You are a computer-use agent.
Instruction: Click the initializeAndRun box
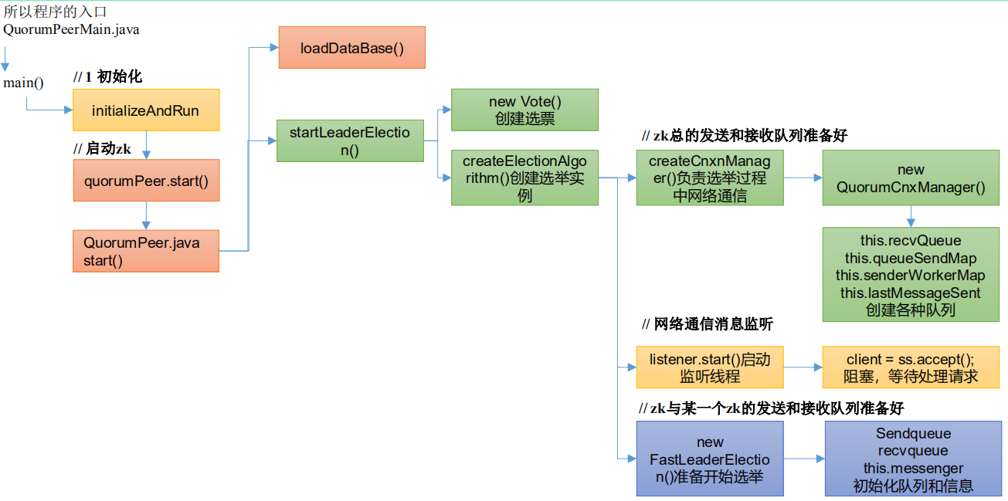click(x=146, y=110)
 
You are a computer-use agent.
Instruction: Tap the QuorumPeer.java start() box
click(x=146, y=251)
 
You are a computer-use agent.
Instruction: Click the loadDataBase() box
click(x=351, y=48)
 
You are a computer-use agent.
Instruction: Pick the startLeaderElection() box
click(x=350, y=140)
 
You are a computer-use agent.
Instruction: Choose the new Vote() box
click(x=524, y=110)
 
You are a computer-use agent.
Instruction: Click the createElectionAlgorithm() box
click(x=524, y=178)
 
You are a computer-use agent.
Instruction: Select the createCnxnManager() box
click(x=709, y=178)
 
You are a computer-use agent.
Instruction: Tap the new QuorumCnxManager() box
click(x=911, y=178)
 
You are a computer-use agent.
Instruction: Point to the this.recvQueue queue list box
click(x=911, y=275)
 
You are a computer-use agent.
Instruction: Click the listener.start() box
click(x=709, y=367)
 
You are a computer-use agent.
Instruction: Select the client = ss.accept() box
click(x=911, y=367)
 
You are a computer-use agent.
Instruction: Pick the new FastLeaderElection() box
click(x=709, y=459)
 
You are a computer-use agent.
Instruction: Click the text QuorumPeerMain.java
click(x=71, y=29)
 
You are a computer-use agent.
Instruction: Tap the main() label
click(x=23, y=83)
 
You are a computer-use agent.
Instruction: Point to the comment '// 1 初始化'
click(x=107, y=76)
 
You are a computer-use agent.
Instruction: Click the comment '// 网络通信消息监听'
click(x=707, y=324)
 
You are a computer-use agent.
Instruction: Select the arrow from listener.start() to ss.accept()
click(x=803, y=367)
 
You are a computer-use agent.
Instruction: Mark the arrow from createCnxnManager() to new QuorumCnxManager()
click(x=803, y=178)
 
